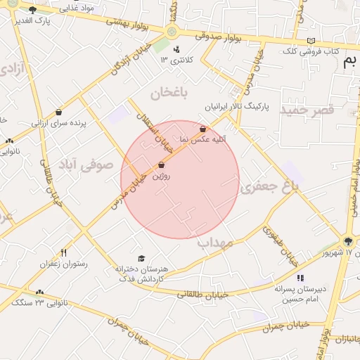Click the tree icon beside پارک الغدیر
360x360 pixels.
tap(32, 10)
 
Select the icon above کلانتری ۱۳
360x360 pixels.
tap(176, 49)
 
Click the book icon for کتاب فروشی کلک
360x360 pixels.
tap(311, 41)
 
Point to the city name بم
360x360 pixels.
tap(349, 62)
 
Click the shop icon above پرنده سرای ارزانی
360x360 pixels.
tap(58, 112)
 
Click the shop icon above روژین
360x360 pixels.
tap(162, 165)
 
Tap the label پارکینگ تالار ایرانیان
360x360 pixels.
tap(236, 108)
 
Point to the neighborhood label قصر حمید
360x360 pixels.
tap(307, 110)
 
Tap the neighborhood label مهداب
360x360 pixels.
tap(214, 243)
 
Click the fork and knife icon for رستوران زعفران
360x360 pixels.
tap(63, 252)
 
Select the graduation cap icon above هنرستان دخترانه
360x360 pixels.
tap(141, 258)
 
